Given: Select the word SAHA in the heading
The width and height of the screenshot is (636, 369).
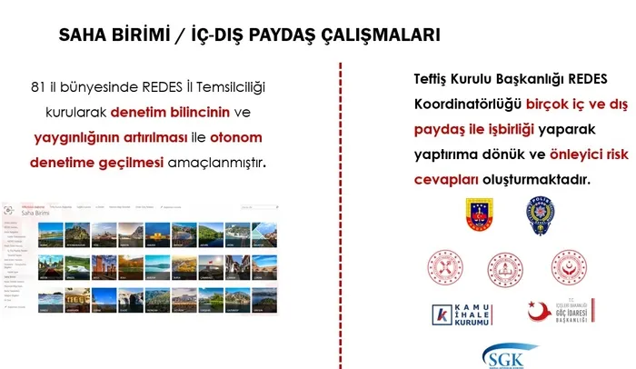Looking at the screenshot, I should [83, 35].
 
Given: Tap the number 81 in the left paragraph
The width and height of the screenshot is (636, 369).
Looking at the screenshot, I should [37, 88].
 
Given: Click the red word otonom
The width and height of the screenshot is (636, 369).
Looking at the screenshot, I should [239, 138].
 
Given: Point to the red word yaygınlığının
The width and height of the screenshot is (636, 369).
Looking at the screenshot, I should [76, 138].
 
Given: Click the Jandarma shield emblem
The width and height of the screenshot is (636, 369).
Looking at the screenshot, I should [478, 217].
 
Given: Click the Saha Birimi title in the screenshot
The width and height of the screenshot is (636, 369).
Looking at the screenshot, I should [43, 214].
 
